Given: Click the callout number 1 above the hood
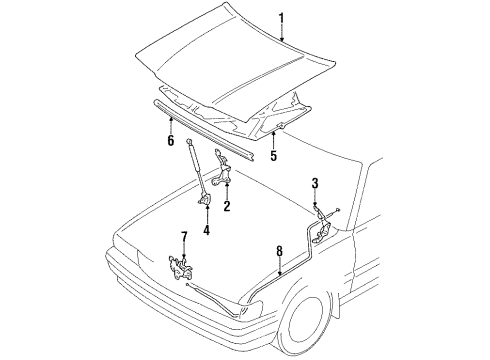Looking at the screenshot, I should pyautogui.click(x=281, y=17).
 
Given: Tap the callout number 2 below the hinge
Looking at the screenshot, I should pyautogui.click(x=227, y=207).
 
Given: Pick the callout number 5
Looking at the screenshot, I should pyautogui.click(x=272, y=156).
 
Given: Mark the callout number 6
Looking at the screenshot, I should pyautogui.click(x=170, y=142).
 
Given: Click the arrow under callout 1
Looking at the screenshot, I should pyautogui.click(x=281, y=34).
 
